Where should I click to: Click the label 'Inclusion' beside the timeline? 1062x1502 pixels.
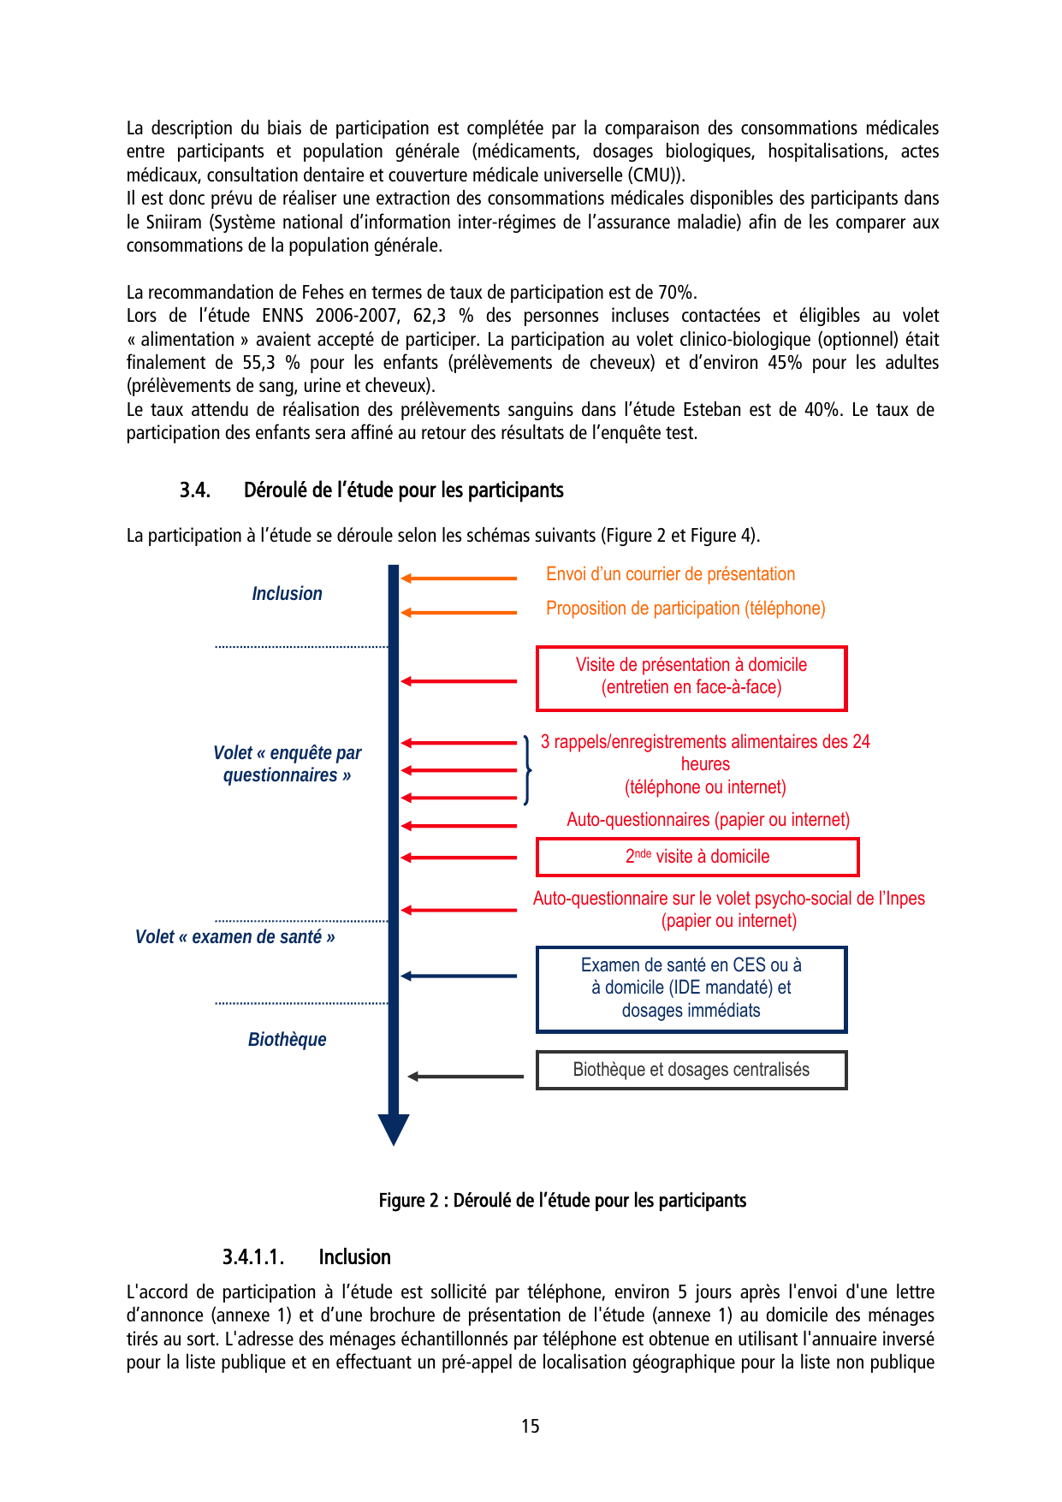(287, 593)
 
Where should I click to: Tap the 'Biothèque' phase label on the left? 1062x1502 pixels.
(287, 1039)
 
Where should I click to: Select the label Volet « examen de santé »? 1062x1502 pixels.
(234, 936)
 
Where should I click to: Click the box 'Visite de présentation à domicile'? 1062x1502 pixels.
(691, 678)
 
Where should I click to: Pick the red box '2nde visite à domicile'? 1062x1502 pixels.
(697, 857)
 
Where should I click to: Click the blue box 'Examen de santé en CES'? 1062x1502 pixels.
(691, 988)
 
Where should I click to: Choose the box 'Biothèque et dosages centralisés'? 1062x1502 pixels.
(691, 1070)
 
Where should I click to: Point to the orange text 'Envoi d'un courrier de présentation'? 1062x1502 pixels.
(670, 574)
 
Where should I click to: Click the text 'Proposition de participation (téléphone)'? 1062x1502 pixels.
(685, 609)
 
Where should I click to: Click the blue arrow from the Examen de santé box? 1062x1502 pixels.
(459, 976)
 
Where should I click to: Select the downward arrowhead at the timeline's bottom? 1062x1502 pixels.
(394, 1130)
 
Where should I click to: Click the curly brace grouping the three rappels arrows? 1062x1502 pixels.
(527, 769)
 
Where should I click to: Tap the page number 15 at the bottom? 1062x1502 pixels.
(530, 1426)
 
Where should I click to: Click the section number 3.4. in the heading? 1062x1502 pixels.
(195, 490)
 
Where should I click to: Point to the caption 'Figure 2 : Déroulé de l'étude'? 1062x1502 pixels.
(562, 1200)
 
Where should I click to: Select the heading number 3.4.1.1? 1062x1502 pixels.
(252, 1256)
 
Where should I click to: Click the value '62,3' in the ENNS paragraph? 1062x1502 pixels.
(430, 316)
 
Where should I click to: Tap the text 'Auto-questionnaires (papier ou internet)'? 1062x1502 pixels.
(708, 820)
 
